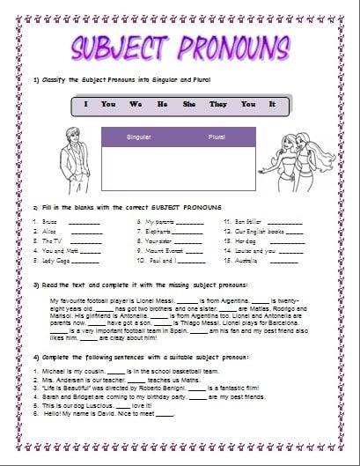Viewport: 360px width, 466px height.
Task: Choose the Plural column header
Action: click(x=217, y=137)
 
